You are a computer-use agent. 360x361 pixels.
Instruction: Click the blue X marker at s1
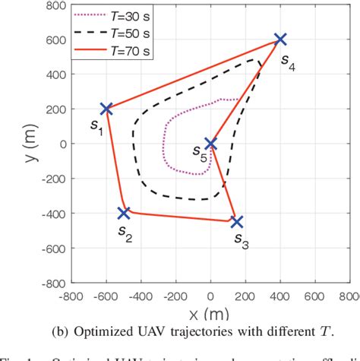tap(106, 109)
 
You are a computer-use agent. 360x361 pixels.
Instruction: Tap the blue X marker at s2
tap(124, 213)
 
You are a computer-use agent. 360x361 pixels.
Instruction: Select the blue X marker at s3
tap(236, 222)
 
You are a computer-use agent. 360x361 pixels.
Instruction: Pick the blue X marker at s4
tap(280, 39)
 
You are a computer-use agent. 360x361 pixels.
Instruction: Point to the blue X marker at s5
tap(210, 144)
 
